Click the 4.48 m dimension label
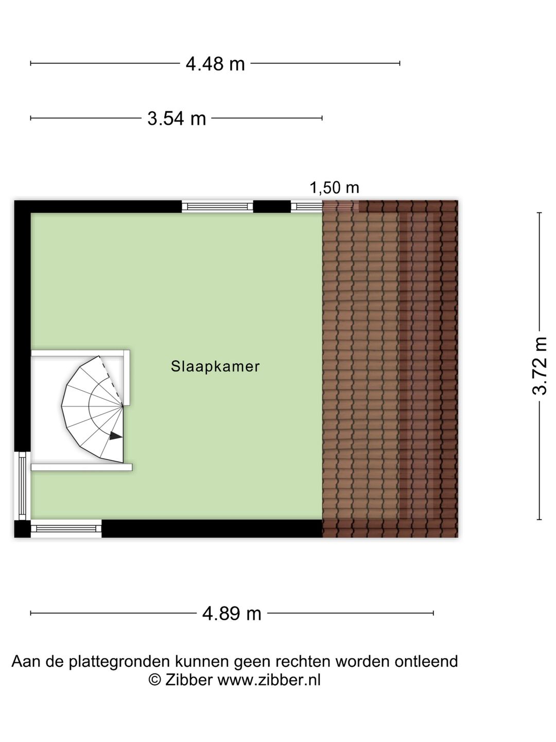[215, 63]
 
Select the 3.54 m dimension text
[177, 119]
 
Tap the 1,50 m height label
[334, 188]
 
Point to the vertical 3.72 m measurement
[539, 366]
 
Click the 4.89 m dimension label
[232, 614]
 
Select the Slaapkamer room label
[215, 366]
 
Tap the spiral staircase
[92, 409]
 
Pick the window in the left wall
[22, 486]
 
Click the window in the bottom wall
[66, 529]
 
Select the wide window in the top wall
[217, 207]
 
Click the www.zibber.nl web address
[269, 680]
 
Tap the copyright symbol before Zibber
[154, 680]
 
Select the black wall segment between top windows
[272, 207]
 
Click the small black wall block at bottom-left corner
[22, 529]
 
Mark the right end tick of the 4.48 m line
[399, 63]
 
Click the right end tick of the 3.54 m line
[322, 118]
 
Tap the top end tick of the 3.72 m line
[539, 213]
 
